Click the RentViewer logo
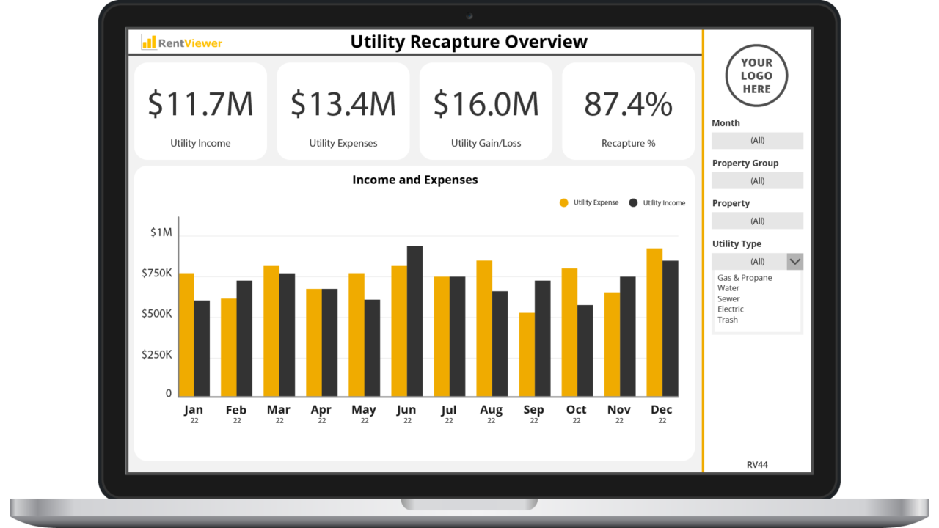pos(182,43)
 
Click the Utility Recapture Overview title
pos(469,42)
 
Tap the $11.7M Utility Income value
pos(200,104)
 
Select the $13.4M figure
pos(343,104)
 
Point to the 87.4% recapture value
pos(628,104)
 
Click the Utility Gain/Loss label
pos(486,143)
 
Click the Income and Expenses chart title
pos(414,180)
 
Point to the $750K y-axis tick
pos(157,273)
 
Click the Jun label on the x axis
pos(406,410)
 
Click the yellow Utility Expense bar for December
pos(654,322)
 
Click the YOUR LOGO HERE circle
pos(756,76)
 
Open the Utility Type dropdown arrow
pos(794,262)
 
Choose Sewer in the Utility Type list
pos(728,298)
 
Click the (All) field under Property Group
pos(757,180)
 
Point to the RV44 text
pos(757,465)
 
